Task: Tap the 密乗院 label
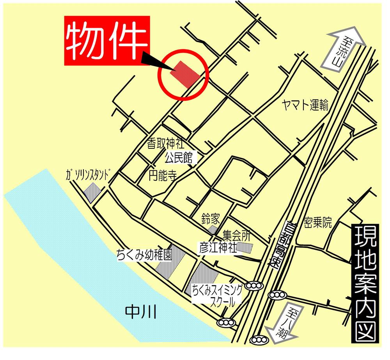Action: tap(318, 223)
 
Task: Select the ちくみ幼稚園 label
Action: tap(144, 256)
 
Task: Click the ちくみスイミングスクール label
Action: tap(217, 295)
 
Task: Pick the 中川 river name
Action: tap(141, 312)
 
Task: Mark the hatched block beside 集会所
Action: tap(246, 247)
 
